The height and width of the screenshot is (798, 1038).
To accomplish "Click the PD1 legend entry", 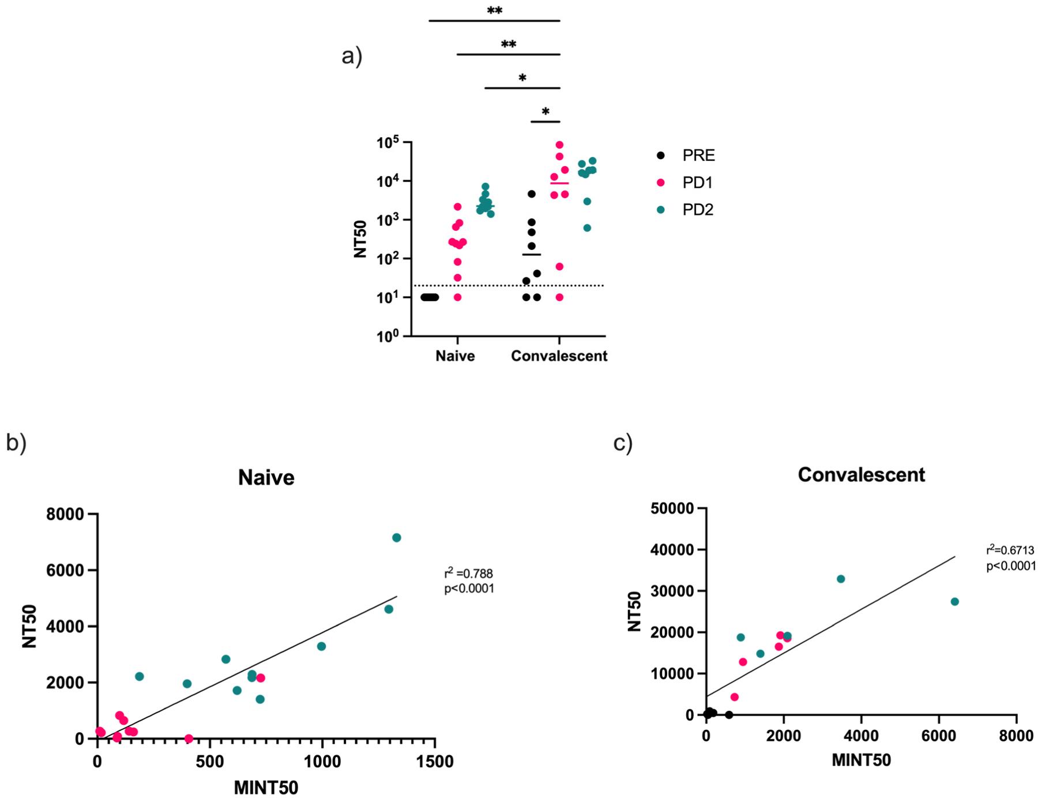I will point(697,183).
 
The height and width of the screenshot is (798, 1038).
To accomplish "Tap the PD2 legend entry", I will point(697,210).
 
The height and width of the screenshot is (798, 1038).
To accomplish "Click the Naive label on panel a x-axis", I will point(455,356).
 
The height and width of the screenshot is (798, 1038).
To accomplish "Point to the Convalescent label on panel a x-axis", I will point(559,356).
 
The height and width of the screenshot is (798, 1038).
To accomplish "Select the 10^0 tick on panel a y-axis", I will point(390,336).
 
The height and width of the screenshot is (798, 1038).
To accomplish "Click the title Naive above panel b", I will point(266,478).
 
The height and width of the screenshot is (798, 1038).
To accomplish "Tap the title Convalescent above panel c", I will point(861,475).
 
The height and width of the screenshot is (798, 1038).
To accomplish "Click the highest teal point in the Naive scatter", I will point(396,538).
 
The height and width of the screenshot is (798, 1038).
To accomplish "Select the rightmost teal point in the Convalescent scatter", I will point(954,602).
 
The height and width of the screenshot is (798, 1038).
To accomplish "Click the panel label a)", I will point(352,57).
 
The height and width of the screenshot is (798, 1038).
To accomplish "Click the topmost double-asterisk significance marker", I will point(494,11).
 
